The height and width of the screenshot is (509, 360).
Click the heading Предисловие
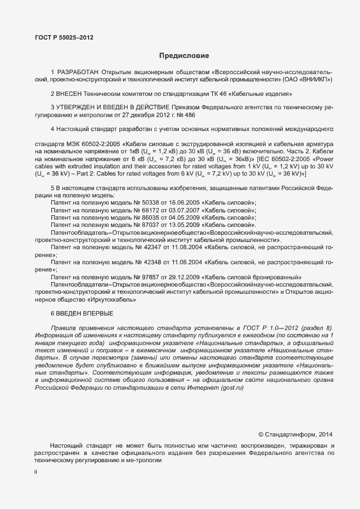[x=184, y=56]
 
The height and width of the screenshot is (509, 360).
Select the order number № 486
[x=202, y=115]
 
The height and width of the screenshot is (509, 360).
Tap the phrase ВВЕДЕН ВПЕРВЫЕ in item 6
[x=86, y=313]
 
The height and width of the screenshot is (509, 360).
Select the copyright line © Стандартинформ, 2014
[x=295, y=434]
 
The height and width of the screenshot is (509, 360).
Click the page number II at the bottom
[x=36, y=472]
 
